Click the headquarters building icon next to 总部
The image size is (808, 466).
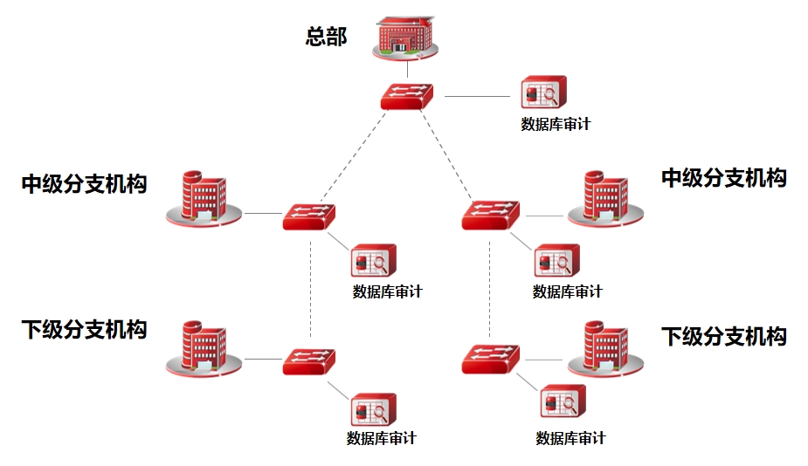click(404, 36)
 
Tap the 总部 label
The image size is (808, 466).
click(326, 37)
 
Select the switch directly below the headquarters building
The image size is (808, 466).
click(407, 95)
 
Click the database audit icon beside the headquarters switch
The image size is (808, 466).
click(543, 93)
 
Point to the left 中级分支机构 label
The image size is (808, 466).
click(84, 184)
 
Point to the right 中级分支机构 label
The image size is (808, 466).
click(723, 178)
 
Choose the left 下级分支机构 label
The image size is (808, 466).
click(84, 330)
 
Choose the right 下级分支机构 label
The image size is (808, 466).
click(723, 336)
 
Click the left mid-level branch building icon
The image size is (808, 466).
click(203, 199)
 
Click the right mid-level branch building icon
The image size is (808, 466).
click(604, 199)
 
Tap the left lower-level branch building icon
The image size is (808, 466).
click(203, 349)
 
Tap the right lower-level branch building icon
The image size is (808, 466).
click(604, 349)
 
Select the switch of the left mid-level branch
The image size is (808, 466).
click(309, 216)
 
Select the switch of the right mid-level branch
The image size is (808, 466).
click(490, 215)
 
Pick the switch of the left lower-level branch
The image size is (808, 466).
click(309, 360)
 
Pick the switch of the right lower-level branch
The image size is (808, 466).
click(490, 359)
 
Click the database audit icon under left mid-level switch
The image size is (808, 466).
click(374, 261)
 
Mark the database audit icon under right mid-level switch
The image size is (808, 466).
click(556, 261)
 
